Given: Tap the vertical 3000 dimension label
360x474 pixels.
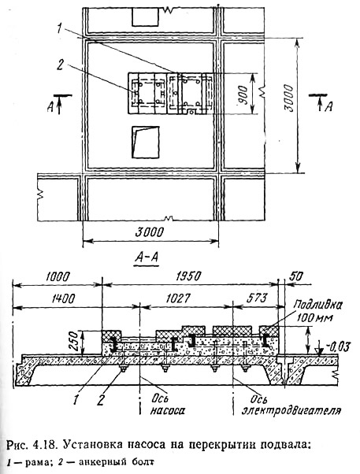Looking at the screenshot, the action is point(289,98).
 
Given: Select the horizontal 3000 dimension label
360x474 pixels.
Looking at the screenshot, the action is point(149,232).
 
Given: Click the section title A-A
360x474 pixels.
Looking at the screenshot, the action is point(147,257).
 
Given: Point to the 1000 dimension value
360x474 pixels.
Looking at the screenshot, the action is point(58,276).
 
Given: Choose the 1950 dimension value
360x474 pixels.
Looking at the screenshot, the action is point(187,276).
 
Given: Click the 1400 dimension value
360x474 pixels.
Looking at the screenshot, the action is point(63,298).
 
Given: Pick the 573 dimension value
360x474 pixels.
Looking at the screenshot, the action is point(257,298).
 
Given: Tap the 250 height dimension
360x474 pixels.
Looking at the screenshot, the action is point(74,341).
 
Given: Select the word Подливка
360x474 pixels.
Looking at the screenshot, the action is point(318,306).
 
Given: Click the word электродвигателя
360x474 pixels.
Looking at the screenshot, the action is point(291,411).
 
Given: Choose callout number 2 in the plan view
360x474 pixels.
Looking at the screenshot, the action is point(60,65).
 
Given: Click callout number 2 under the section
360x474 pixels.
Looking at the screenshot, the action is point(101,400).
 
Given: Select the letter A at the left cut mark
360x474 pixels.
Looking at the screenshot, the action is point(50,107).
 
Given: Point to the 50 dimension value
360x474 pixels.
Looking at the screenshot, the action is point(295,276).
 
